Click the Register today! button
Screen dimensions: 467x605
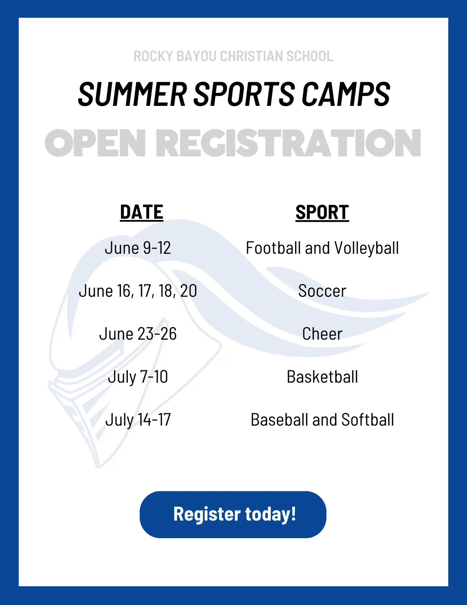coord(233,514)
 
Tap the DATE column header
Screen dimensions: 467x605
coord(142,212)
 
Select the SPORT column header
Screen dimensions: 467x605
coord(322,212)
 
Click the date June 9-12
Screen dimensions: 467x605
coord(138,248)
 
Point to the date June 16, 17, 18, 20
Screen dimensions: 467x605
coord(138,291)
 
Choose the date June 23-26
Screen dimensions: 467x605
coord(138,334)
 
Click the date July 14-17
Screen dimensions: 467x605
coord(138,420)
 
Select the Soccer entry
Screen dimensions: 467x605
coord(322,291)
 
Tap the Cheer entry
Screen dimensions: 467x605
coord(322,334)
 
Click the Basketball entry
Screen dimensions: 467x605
coord(322,377)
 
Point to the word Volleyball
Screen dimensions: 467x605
coord(367,248)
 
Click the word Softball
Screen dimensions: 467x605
coord(367,420)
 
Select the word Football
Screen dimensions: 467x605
coord(274,248)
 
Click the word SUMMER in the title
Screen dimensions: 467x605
coord(132,94)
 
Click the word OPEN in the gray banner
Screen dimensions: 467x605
coord(95,143)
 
